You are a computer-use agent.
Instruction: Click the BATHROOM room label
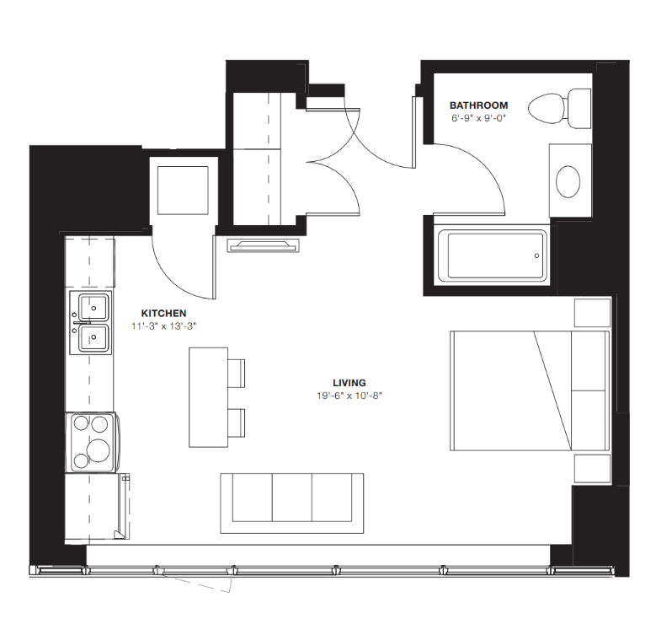coord(478,105)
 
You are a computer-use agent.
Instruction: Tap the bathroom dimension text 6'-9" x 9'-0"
coord(478,118)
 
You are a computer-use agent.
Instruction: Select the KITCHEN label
coord(163,313)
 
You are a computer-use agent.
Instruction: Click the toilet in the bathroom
coord(557,107)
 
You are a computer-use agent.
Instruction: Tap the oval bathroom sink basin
coord(569,180)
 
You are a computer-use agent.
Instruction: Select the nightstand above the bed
coord(591,312)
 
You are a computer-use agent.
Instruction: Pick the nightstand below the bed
coord(591,468)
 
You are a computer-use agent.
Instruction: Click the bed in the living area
coord(529,390)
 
